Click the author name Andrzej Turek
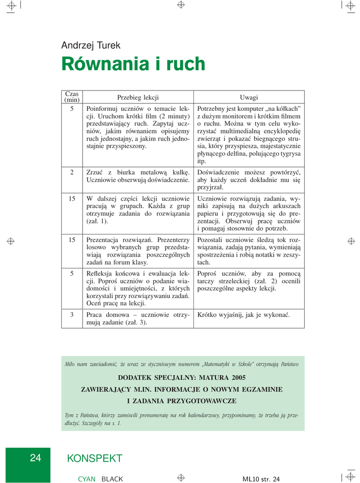click(x=91, y=46)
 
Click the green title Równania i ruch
click(x=133, y=64)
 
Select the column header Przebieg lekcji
click(x=138, y=97)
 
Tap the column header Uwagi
click(x=249, y=97)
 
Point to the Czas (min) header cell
click(x=72, y=97)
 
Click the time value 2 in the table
click(x=72, y=173)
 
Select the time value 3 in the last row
click(x=72, y=315)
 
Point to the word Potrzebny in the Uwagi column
click(x=212, y=108)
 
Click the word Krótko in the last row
click(x=208, y=315)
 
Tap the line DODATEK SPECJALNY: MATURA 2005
click(x=182, y=378)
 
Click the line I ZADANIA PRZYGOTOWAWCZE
click(x=182, y=401)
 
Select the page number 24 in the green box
click(x=35, y=458)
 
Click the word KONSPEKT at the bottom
click(x=95, y=458)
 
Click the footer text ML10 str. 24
click(x=261, y=479)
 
